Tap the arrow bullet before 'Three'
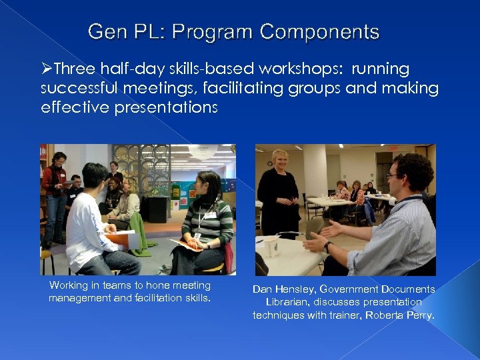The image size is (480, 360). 46,69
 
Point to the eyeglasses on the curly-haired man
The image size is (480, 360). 393,175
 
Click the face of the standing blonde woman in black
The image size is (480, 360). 278,161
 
